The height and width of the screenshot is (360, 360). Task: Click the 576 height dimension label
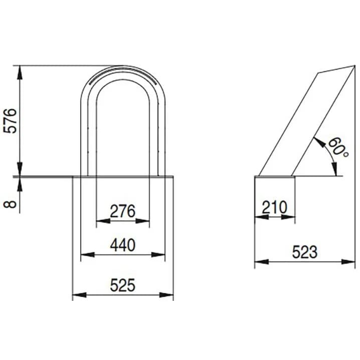[x=11, y=121]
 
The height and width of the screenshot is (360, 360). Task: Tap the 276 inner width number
[x=123, y=211]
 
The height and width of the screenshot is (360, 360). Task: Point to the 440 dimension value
[x=123, y=245]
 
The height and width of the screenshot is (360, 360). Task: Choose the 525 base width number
[x=123, y=285]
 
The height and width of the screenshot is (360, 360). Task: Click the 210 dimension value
[x=275, y=207]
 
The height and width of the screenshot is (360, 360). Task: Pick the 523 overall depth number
[x=305, y=252]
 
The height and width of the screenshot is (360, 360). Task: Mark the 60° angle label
[x=338, y=147]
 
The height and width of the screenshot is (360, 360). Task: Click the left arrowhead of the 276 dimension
[x=103, y=221]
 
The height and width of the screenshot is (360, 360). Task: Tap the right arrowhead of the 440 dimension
[x=158, y=255]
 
